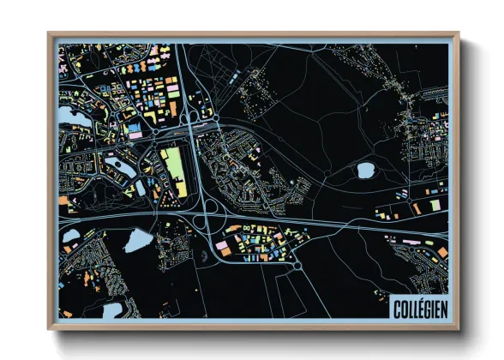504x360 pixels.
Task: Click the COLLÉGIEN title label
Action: [417, 307]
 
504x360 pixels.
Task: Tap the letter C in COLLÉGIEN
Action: [395, 307]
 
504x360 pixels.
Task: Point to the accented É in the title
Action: [417, 307]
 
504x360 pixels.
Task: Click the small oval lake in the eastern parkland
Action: [365, 170]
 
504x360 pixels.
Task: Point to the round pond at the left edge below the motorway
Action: [71, 233]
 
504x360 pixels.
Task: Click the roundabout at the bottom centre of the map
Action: [297, 267]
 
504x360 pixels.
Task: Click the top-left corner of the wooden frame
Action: [48, 33]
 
